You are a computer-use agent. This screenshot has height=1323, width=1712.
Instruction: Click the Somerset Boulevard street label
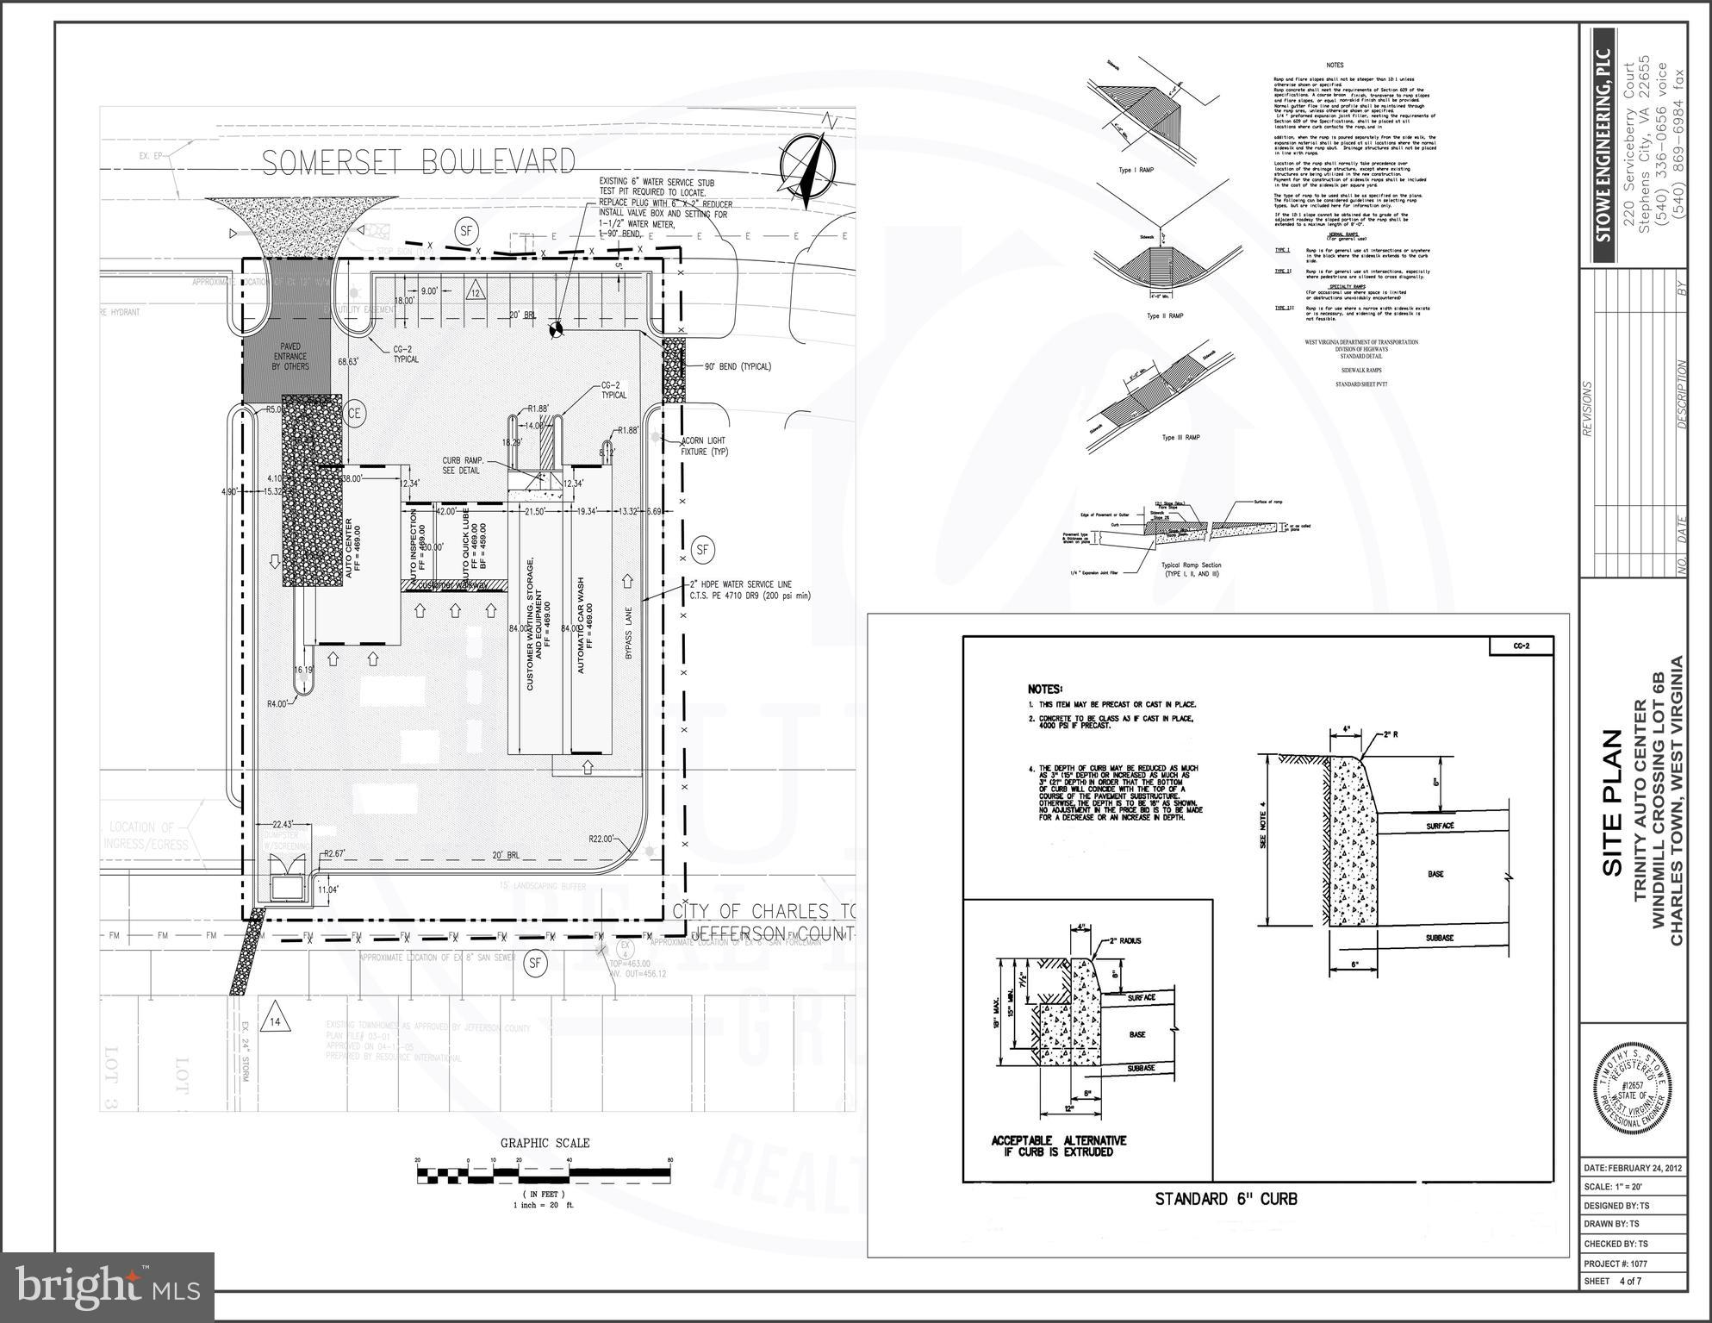419,162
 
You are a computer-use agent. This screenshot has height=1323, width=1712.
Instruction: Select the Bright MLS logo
108,1288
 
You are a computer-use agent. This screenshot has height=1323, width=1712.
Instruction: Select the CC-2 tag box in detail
1521,646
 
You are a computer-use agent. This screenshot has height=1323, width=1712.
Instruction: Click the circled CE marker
354,414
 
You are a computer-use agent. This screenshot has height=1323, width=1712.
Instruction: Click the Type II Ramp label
1164,316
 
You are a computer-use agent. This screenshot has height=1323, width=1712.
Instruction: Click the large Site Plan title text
1612,803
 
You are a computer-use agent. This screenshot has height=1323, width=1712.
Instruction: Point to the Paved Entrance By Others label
290,356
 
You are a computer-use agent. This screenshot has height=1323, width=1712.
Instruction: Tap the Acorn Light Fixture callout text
704,446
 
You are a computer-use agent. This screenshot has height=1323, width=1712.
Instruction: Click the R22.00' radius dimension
601,839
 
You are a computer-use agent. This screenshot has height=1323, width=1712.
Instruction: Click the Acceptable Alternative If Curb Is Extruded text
1058,1145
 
